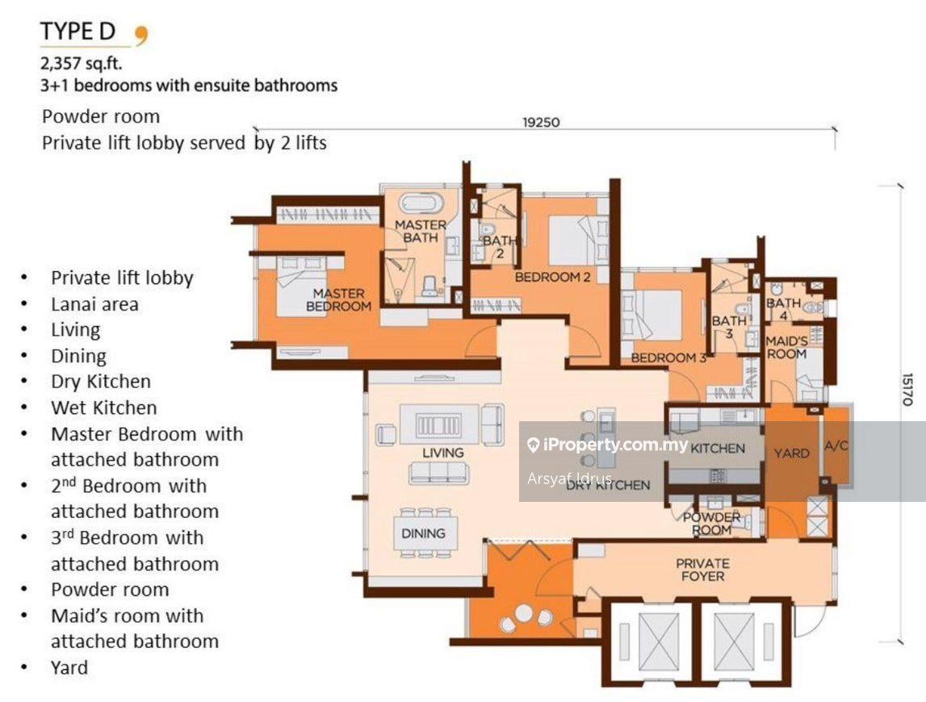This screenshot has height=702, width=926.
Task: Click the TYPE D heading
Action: [78, 31]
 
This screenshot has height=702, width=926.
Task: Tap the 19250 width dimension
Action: [541, 123]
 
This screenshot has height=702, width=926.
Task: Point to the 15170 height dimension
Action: [907, 388]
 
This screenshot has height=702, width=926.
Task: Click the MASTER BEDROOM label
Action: [339, 299]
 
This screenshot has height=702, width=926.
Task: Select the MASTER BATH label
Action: [420, 231]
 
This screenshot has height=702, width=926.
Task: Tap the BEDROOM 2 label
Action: [553, 277]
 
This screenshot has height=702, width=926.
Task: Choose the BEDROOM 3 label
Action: [668, 357]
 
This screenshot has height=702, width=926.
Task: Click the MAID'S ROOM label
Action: [786, 348]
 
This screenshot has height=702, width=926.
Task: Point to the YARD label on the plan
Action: [791, 453]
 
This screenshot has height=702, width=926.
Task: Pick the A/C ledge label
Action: [836, 446]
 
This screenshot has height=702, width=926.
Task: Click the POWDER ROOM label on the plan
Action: [712, 524]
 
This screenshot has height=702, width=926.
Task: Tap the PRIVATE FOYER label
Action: [702, 570]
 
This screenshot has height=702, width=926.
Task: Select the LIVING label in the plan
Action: [443, 453]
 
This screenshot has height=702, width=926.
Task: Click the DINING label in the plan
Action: [423, 533]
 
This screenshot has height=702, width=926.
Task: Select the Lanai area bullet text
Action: [94, 304]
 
